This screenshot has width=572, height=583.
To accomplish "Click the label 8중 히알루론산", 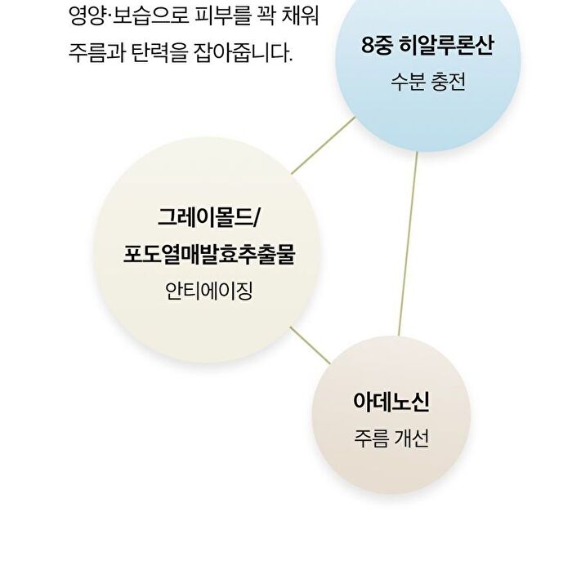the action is [427, 45].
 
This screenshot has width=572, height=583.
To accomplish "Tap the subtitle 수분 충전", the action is [428, 82].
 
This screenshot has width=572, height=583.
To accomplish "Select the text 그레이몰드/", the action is [208, 216].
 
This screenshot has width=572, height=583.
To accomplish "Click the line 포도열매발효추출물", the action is [209, 254].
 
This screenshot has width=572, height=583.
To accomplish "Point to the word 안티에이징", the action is [209, 291].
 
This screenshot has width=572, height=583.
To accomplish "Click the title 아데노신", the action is [391, 401].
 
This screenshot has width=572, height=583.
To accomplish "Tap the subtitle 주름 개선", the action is [391, 438].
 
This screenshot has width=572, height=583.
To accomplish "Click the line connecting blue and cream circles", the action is [323, 145].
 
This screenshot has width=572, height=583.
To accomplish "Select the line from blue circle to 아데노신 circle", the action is [408, 243].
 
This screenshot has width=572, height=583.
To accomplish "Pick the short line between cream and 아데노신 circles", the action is [310, 345].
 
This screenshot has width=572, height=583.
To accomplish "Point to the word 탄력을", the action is [159, 53].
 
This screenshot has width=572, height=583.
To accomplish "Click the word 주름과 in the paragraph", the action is [97, 53].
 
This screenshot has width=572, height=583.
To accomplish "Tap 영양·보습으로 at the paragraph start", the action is [129, 16].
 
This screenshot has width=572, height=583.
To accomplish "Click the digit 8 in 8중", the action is [368, 46].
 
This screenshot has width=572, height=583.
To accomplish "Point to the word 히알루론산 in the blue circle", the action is [446, 45].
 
